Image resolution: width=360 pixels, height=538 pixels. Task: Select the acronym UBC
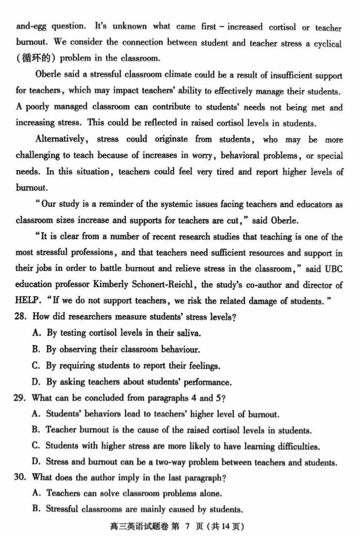[333, 269]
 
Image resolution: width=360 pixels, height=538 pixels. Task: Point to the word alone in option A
[210, 493]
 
